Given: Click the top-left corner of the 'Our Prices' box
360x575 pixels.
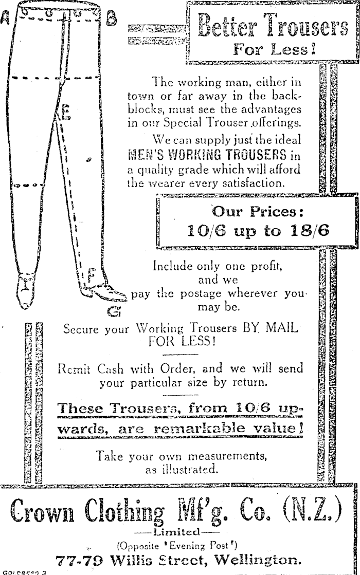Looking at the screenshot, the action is (x=157, y=198).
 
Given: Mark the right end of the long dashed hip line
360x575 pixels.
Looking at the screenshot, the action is (x=99, y=77).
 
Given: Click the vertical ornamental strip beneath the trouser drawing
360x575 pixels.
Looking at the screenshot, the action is (x=33, y=402).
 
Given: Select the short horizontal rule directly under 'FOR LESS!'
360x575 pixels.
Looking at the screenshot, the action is (x=180, y=355).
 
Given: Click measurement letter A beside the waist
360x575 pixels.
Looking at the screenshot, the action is (x=5, y=17).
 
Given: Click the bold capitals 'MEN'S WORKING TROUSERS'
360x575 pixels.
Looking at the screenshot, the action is (x=207, y=154).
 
